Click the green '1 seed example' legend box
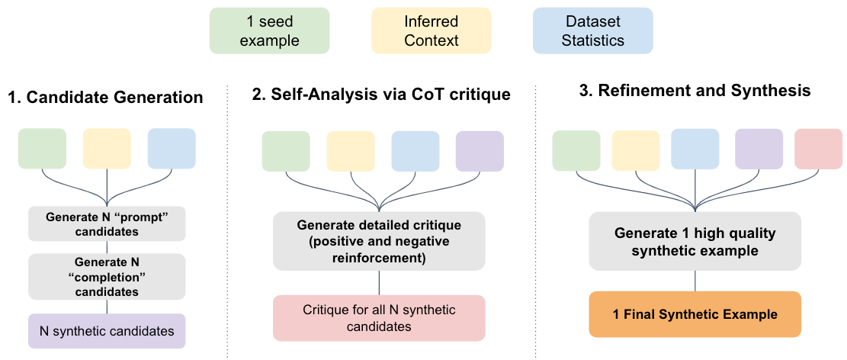(269, 31)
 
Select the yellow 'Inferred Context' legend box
(431, 31)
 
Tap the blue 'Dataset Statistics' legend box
(592, 31)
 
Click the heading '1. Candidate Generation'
(105, 98)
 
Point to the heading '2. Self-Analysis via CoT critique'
(381, 95)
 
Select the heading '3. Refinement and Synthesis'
(695, 91)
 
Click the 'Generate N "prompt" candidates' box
(107, 223)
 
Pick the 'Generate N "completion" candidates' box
(107, 276)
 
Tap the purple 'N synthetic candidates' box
(107, 331)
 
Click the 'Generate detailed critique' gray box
(379, 241)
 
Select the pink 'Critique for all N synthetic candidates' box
(379, 318)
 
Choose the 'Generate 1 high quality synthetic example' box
(695, 241)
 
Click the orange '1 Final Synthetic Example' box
(695, 314)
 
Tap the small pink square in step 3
(818, 149)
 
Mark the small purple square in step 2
(480, 151)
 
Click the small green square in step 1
(42, 148)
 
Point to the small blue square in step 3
(695, 149)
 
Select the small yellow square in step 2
(351, 151)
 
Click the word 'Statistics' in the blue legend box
(592, 40)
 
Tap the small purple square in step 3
(759, 149)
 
